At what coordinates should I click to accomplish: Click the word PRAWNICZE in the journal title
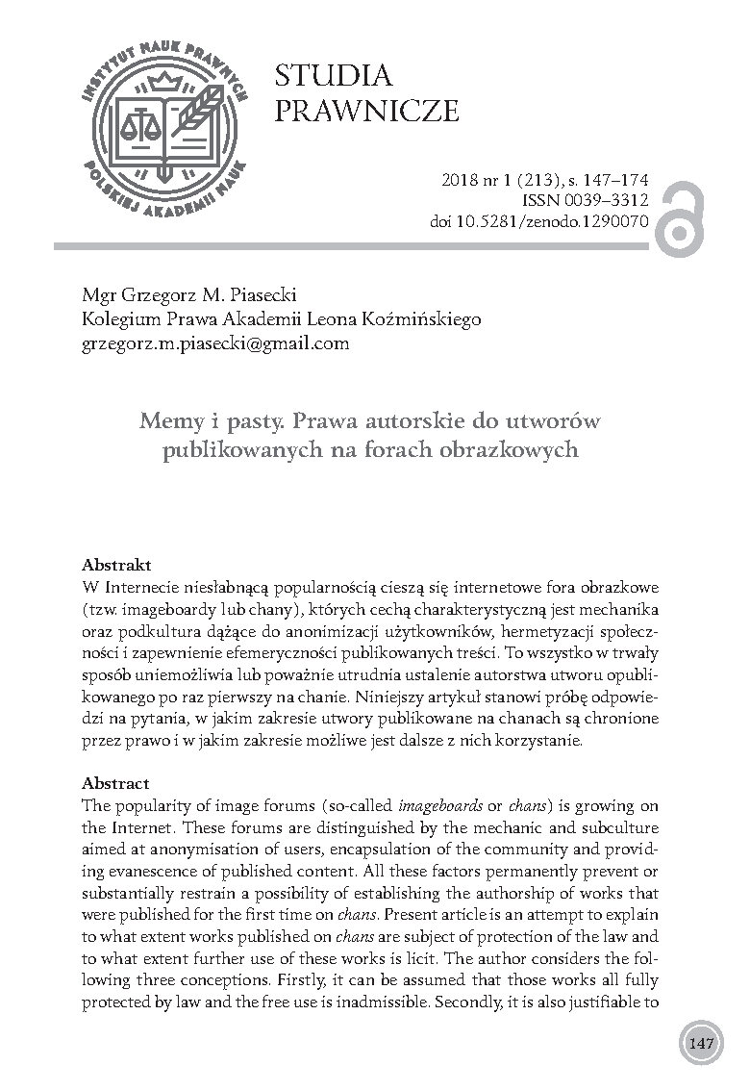(367, 112)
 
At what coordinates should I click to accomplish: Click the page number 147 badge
(699, 1042)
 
